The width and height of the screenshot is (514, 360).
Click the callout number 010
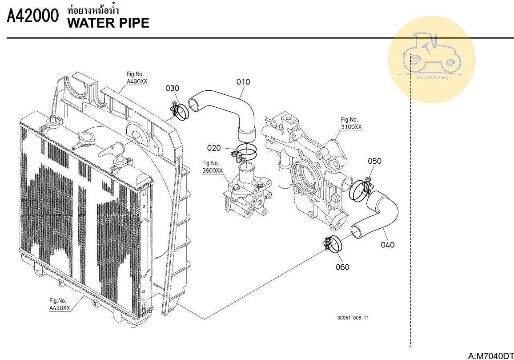pos(243,82)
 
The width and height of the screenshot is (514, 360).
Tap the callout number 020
pos(214,147)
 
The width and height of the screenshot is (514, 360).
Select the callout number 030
pos(173,88)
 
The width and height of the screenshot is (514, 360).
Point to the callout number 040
pos(388,245)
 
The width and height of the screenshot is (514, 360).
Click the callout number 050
pos(374,161)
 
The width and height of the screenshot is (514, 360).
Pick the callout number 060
pos(342,267)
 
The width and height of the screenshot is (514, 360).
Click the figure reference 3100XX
pos(352,127)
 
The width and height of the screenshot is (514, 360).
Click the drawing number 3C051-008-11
pos(353,318)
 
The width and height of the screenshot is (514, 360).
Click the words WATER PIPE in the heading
pos(108,23)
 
